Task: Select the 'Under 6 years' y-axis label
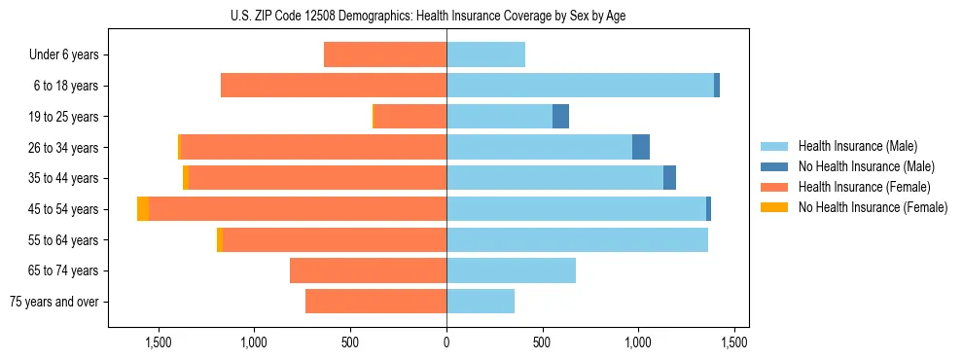(x=64, y=54)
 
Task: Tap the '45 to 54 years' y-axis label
(x=63, y=209)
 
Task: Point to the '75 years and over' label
(x=56, y=302)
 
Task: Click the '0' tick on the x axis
(x=446, y=342)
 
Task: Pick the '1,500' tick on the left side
(x=159, y=342)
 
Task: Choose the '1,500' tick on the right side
(x=734, y=342)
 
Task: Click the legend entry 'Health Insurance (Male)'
(x=857, y=146)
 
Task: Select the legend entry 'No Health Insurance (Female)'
(x=873, y=207)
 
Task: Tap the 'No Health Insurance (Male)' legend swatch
(x=774, y=166)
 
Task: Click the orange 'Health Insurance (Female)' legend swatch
(x=774, y=187)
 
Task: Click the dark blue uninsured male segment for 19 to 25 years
(x=560, y=117)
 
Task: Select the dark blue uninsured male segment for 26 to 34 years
(x=640, y=147)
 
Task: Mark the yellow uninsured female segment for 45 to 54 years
(x=143, y=209)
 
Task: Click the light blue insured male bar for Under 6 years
(x=485, y=54)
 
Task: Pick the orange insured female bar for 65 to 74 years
(x=368, y=270)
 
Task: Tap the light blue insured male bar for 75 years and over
(x=481, y=302)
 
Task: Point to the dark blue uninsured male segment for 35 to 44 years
(x=669, y=178)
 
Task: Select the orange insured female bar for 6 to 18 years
(x=334, y=86)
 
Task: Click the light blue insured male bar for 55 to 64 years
(x=577, y=239)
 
